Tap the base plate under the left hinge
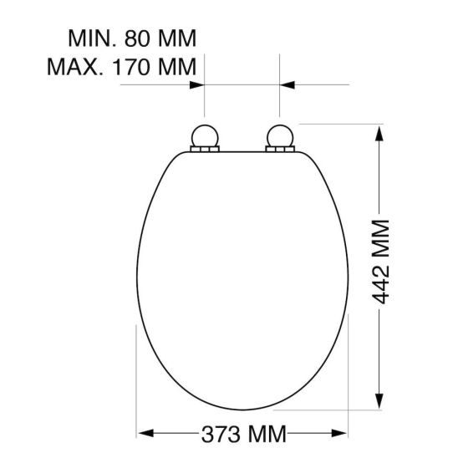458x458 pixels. coord(205,150)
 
